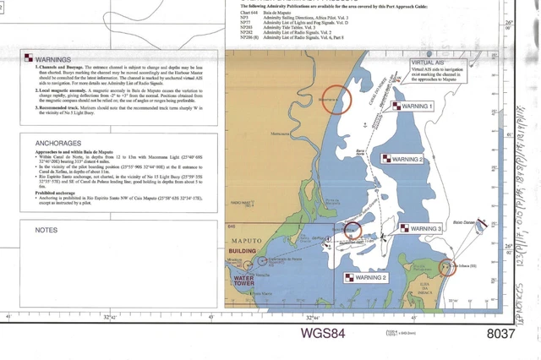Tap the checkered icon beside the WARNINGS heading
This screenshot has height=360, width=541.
[x=29, y=59]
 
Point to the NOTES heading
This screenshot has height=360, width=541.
[x=46, y=229]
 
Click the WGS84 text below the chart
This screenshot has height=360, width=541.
[x=324, y=333]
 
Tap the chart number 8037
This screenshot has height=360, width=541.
[x=500, y=333]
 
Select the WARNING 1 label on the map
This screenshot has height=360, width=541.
[x=415, y=106]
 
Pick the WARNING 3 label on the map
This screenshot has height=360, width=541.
[x=419, y=229]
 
